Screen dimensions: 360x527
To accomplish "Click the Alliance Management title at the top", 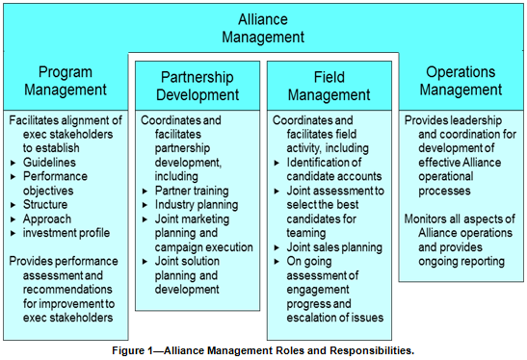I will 263,28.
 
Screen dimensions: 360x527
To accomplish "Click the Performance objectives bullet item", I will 60,184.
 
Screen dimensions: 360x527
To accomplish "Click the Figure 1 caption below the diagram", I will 263,350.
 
